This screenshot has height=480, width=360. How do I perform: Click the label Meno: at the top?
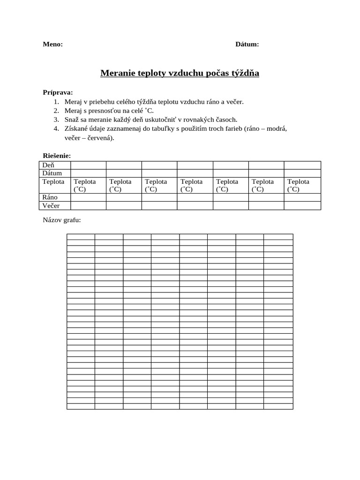(x=52, y=45)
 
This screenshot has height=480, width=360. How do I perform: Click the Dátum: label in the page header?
(x=247, y=45)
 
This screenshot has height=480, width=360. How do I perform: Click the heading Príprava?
(x=58, y=92)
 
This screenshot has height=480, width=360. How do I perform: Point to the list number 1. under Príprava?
(x=56, y=101)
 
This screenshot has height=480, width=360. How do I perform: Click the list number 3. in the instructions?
(x=56, y=120)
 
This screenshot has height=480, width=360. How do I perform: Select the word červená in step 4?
(x=97, y=138)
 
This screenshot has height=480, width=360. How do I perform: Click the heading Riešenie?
(x=57, y=156)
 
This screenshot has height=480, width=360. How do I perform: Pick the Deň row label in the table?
(x=49, y=165)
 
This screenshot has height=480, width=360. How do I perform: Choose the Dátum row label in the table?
(x=52, y=173)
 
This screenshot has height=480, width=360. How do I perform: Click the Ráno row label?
(x=50, y=197)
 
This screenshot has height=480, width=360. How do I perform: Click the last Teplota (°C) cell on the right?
(x=299, y=185)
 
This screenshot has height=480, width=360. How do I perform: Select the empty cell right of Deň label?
(x=88, y=165)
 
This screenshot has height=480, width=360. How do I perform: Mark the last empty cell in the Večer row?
(x=302, y=206)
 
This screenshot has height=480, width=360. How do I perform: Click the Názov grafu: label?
(x=62, y=220)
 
